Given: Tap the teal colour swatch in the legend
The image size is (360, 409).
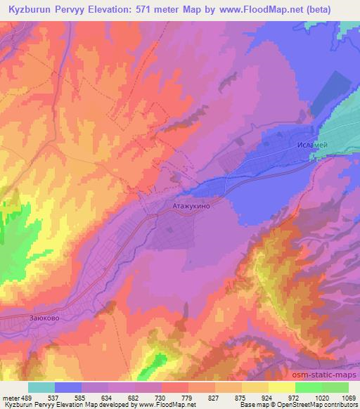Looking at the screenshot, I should (41, 387).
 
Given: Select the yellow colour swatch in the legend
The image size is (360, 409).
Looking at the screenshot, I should (282, 387).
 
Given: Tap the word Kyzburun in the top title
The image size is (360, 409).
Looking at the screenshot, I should (30, 9).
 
